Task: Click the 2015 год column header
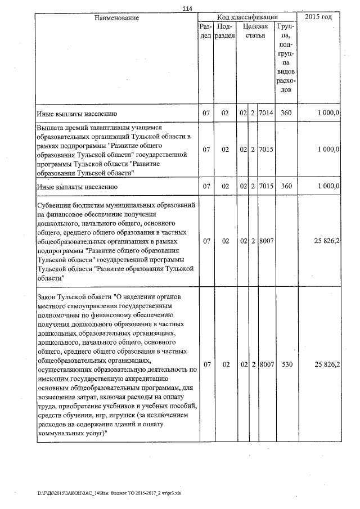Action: coord(318,18)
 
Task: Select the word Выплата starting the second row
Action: coord(52,128)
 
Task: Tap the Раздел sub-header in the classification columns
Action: coord(206,31)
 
